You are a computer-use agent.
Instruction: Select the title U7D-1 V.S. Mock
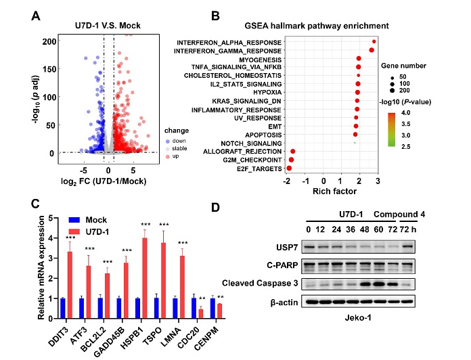[108, 26]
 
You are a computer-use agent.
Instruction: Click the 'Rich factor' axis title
[331, 192]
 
